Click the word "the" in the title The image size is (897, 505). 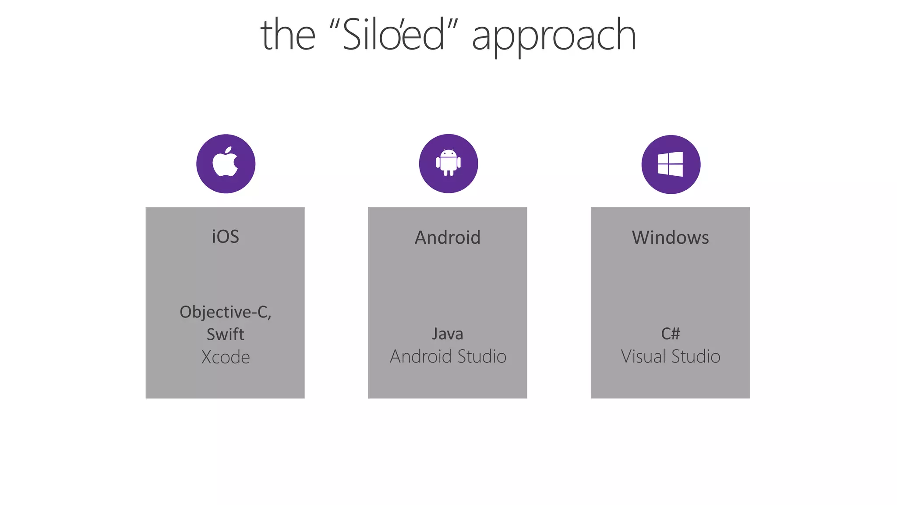point(288,35)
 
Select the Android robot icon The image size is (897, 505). point(448,163)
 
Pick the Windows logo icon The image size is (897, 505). point(670,164)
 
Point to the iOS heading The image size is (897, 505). point(226,237)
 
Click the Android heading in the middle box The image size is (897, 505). point(448,238)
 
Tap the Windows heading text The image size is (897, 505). point(670,238)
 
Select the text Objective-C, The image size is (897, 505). point(226,312)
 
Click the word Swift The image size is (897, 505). point(226,334)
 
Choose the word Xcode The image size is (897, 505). point(226,357)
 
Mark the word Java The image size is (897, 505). point(448,334)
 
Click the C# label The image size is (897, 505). point(670,334)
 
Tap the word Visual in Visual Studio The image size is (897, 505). point(644,356)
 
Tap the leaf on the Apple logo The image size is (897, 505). point(228,150)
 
